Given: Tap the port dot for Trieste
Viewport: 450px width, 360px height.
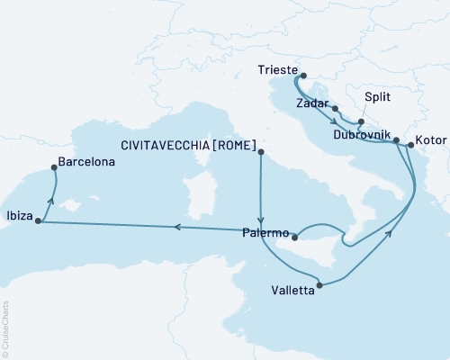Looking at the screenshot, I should coord(303,76).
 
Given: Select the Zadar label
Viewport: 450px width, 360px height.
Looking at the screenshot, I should coord(312,103).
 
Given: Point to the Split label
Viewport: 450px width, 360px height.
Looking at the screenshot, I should coord(378,103).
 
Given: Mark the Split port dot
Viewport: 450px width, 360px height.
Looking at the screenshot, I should coord(360,122).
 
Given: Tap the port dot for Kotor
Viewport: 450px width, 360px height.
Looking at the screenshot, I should coord(409,144).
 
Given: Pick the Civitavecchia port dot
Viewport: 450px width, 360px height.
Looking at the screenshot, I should coord(261,154).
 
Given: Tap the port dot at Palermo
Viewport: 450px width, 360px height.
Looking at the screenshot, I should coord(293,238).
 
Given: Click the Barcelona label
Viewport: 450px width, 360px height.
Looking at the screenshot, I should coord(85,166).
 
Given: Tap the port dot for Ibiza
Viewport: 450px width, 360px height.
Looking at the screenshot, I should coord(38,220).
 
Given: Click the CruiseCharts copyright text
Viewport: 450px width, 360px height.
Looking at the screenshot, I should coord(5,328).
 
